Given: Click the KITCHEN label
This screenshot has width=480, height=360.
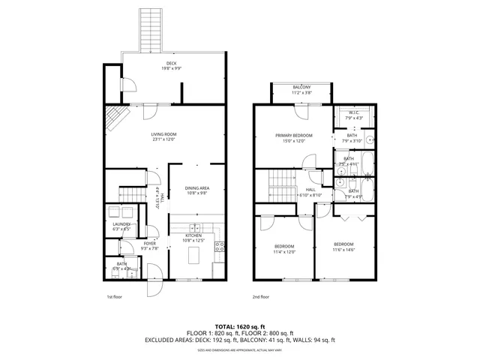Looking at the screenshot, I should coord(193,235).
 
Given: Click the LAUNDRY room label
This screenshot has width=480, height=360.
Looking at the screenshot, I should coord(121,224).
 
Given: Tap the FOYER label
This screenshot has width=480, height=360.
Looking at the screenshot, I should coord(150,244).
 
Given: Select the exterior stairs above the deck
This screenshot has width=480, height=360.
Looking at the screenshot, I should coord(152,28).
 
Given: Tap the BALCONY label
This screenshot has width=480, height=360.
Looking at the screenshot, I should coord(301,88).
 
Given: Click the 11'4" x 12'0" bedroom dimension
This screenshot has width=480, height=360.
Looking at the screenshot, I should coord(284,251).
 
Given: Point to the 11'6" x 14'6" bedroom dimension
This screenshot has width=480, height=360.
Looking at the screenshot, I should coord(343,250).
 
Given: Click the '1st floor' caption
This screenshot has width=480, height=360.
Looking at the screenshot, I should coord(115,297).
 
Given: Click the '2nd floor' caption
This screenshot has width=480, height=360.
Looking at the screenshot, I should coord(261,297).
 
